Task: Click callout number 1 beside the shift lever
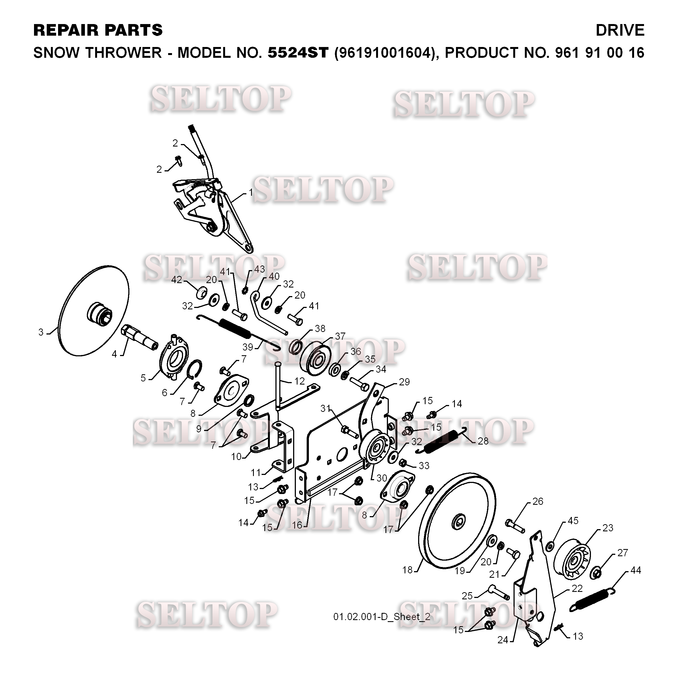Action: (251, 192)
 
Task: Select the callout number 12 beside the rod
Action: (300, 381)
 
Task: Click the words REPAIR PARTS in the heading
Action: (98, 30)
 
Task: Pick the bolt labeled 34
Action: (359, 383)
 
